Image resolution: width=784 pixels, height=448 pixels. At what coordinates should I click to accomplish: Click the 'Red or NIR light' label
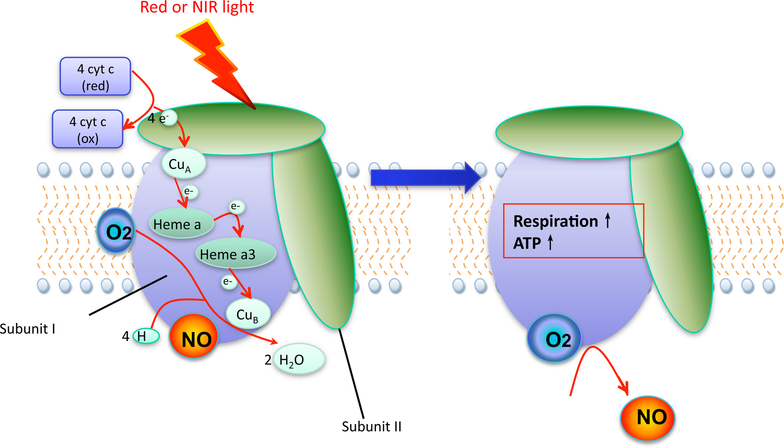pyautogui.click(x=197, y=7)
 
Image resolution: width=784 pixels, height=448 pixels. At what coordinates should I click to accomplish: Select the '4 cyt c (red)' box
pyautogui.click(x=95, y=77)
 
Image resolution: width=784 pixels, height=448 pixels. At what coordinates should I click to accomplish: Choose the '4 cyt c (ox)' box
pyautogui.click(x=88, y=129)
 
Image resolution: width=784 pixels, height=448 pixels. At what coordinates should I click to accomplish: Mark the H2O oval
pyautogui.click(x=299, y=359)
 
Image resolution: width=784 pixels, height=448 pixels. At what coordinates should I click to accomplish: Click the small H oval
pyautogui.click(x=146, y=336)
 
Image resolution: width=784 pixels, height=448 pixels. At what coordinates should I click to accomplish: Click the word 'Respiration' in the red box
pyautogui.click(x=555, y=221)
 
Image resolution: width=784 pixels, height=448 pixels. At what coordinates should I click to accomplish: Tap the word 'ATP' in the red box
pyautogui.click(x=527, y=243)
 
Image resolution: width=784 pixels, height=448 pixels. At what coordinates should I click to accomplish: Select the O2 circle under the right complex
pyautogui.click(x=555, y=338)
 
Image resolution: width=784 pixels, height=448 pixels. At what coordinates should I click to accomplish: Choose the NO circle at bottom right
pyautogui.click(x=648, y=418)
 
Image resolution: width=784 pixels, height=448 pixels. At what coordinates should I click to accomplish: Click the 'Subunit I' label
pyautogui.click(x=28, y=329)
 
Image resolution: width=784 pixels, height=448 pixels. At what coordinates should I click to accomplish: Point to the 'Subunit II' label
pyautogui.click(x=371, y=427)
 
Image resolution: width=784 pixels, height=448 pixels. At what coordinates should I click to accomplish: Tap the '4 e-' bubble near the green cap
pyautogui.click(x=169, y=118)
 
